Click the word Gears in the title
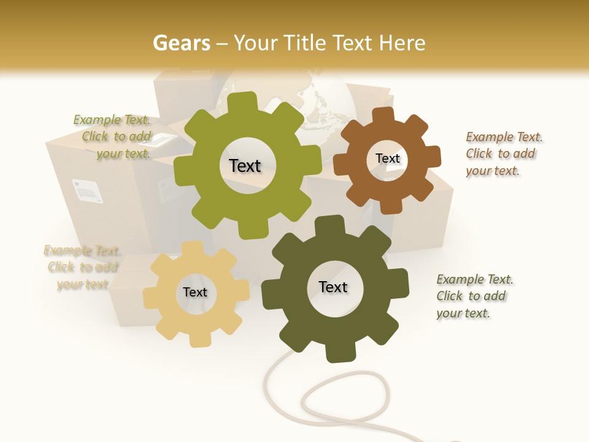click(181, 43)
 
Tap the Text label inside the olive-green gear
click(245, 166)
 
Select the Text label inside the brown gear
click(387, 158)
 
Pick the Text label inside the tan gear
click(195, 293)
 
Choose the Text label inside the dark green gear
click(333, 287)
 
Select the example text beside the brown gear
click(504, 153)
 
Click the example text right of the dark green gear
click(474, 296)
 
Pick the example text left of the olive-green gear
click(113, 136)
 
